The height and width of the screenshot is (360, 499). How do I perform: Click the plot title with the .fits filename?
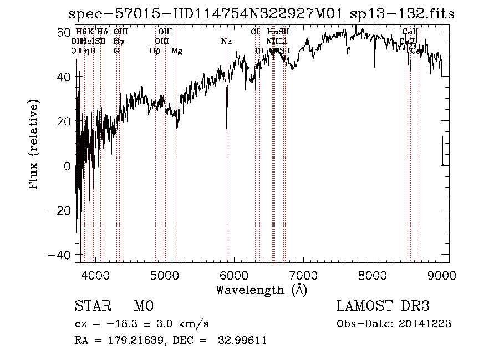coord(261,14)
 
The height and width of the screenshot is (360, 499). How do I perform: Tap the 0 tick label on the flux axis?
coord(67,166)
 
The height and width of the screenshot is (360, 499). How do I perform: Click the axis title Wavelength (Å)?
coord(261,290)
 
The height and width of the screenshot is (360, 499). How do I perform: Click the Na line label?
coord(226,42)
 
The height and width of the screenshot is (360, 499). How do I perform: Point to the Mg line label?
coord(177,51)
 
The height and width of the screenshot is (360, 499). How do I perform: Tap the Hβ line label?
coord(155,51)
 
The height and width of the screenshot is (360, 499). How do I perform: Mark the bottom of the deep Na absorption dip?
coord(227,129)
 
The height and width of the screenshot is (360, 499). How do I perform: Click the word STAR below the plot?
coord(93,306)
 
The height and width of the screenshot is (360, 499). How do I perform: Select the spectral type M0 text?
coord(143,306)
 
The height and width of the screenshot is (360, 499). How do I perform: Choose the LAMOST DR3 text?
coord(383,306)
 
